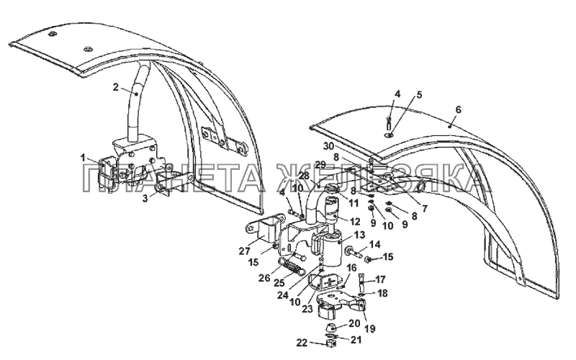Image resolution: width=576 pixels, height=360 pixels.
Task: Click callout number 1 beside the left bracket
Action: point(83,157)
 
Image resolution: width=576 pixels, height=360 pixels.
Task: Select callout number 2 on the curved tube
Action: point(116,87)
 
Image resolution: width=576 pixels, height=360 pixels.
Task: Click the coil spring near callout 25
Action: point(290,268)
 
